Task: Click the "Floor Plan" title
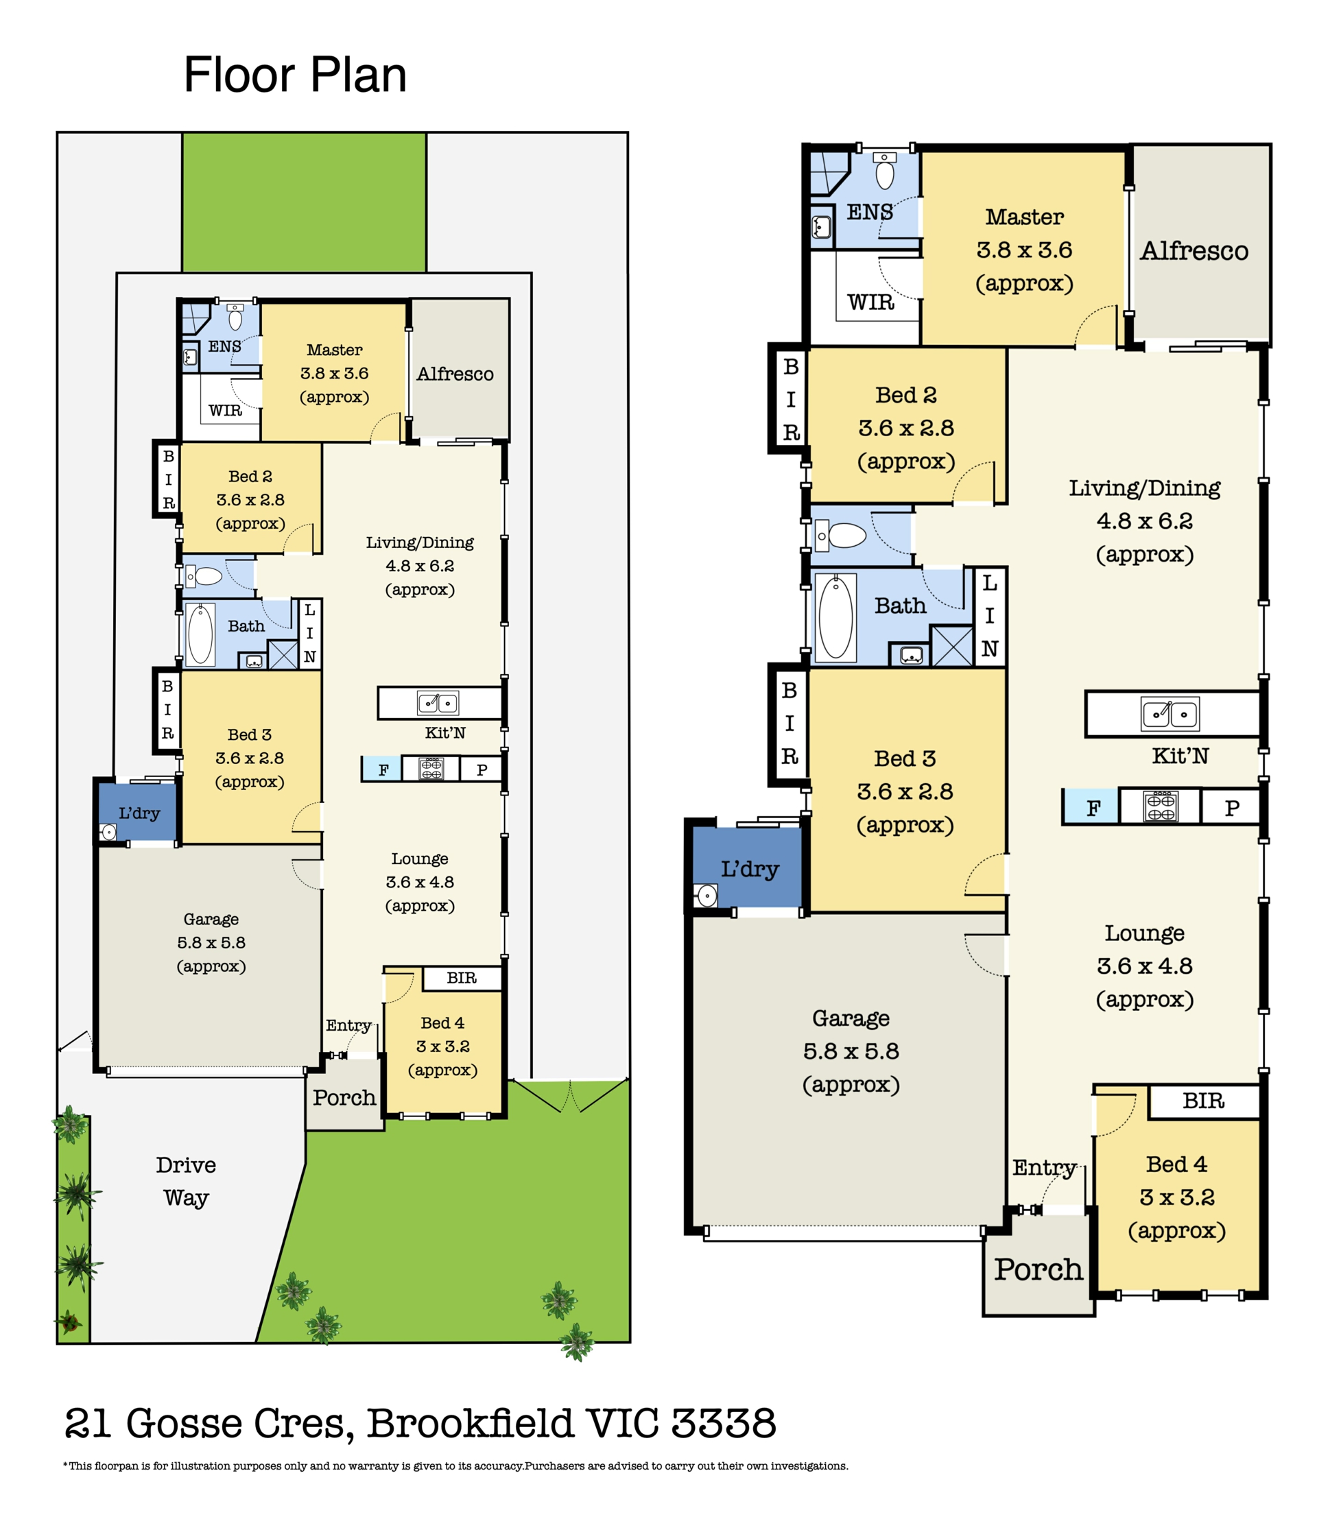coord(295,75)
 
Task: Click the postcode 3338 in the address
coord(723,1424)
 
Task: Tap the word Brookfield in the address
coord(470,1424)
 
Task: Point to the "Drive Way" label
coord(186,1181)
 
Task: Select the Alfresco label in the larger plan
coord(1194,250)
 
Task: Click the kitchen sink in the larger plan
coord(1170,714)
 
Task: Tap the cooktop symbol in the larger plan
coord(1161,805)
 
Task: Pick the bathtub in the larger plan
coord(835,617)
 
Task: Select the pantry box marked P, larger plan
coord(1231,808)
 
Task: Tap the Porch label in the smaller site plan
coord(344,1098)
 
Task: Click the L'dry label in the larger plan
coord(750,869)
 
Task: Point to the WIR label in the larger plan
coord(871,302)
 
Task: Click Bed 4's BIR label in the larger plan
coord(1203,1101)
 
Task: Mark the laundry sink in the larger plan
coord(707,895)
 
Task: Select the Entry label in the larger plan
coord(1044,1168)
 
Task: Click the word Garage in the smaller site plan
coord(211,920)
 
